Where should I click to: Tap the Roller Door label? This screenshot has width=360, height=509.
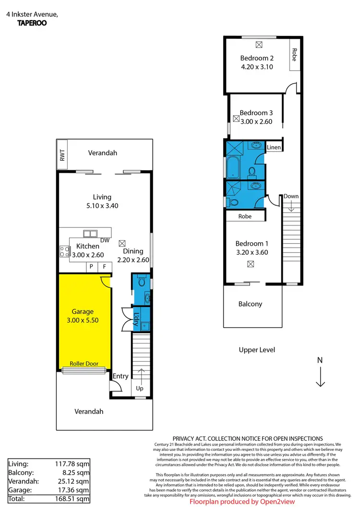click(x=84, y=364)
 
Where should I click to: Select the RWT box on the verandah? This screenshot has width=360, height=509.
click(x=62, y=154)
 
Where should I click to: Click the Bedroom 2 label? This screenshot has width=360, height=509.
click(x=257, y=59)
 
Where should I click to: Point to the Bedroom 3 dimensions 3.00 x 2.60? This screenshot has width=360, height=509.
click(x=256, y=121)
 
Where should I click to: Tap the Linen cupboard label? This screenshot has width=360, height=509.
click(x=274, y=147)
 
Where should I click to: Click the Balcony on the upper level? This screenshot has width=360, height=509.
click(x=251, y=304)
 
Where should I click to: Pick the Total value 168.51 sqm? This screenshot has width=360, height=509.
click(x=72, y=499)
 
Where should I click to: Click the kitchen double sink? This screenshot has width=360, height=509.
click(x=89, y=234)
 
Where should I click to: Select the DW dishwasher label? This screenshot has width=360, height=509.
click(x=105, y=240)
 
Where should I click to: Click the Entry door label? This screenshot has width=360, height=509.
click(x=120, y=376)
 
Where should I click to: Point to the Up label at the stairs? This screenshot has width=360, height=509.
click(x=140, y=388)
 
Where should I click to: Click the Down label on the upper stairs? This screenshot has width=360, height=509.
click(x=291, y=196)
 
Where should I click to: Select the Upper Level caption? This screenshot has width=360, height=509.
click(x=257, y=350)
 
